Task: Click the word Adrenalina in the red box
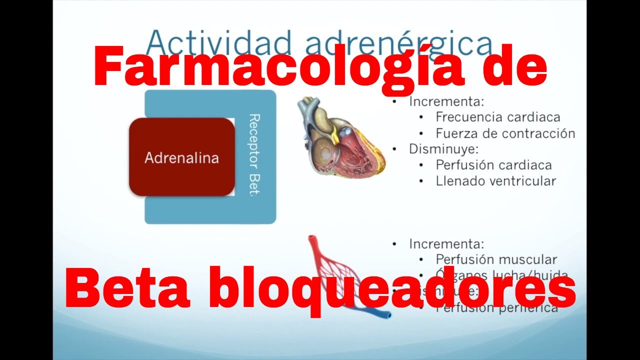pyautogui.click(x=181, y=158)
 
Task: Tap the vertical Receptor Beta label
pyautogui.click(x=254, y=155)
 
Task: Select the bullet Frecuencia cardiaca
pyautogui.click(x=497, y=117)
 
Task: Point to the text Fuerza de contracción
pyautogui.click(x=505, y=133)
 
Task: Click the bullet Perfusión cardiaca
pyautogui.click(x=493, y=165)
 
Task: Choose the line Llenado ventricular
pyautogui.click(x=495, y=181)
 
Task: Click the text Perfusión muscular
pyautogui.click(x=496, y=259)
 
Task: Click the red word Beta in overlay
pyautogui.click(x=127, y=288)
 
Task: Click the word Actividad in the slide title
pyautogui.click(x=219, y=42)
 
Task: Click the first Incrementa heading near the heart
pyautogui.click(x=446, y=101)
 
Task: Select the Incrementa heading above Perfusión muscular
pyautogui.click(x=446, y=244)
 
